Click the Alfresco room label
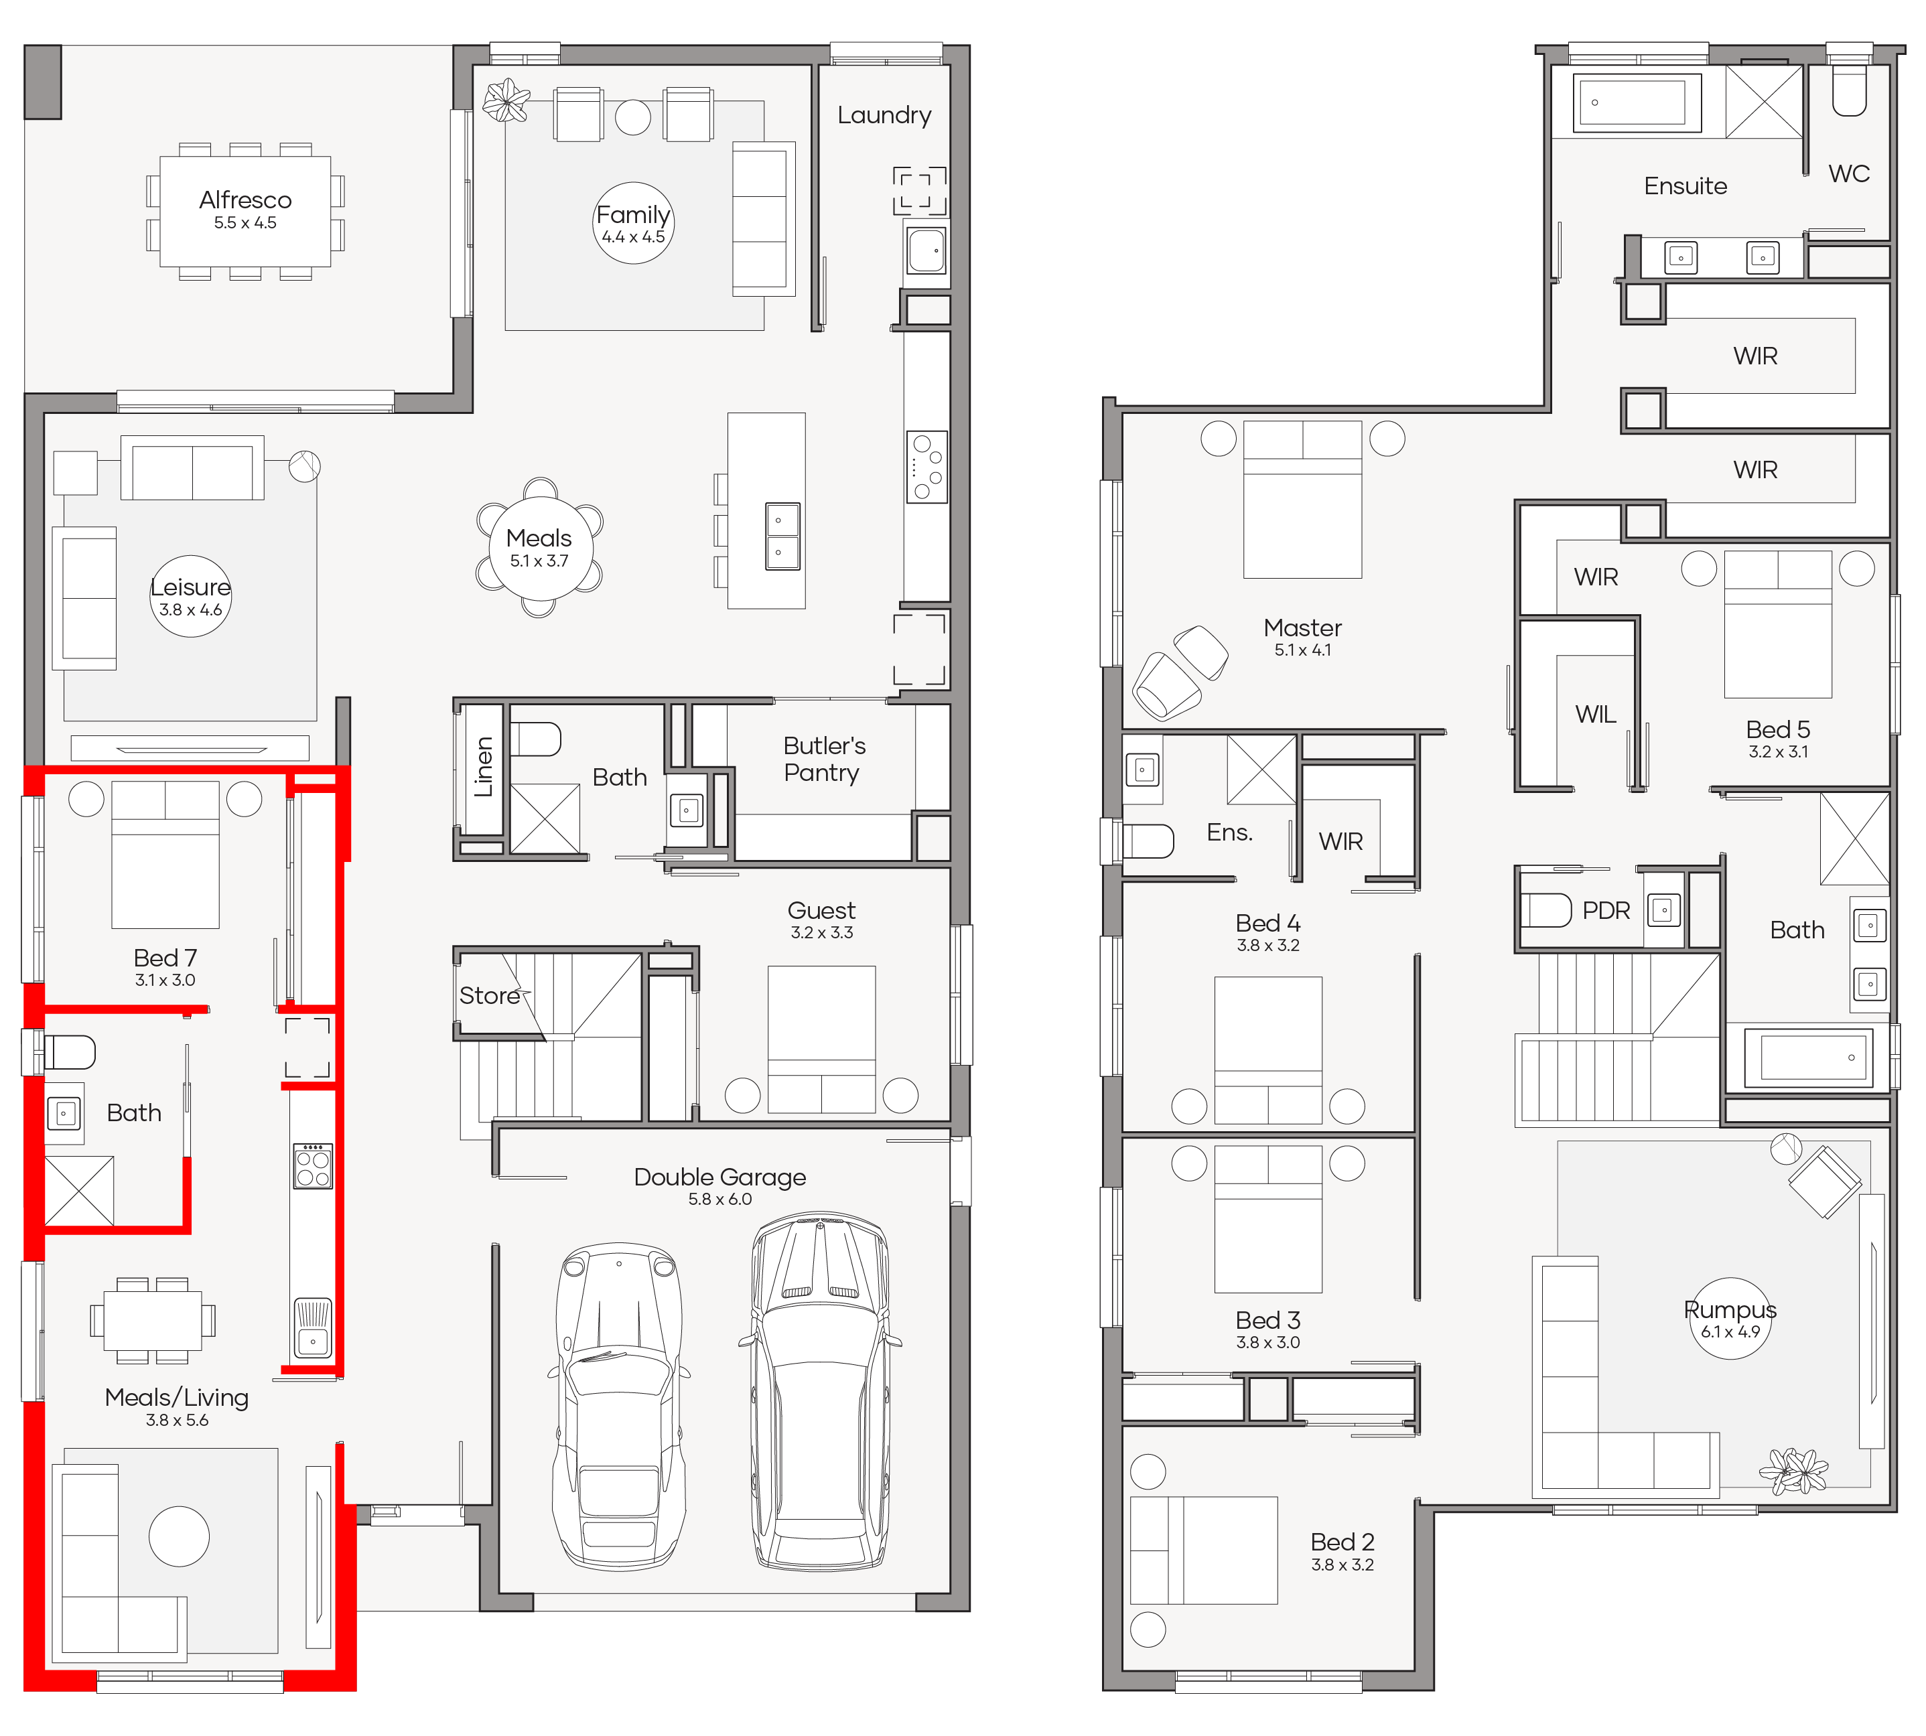[245, 200]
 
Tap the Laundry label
[884, 115]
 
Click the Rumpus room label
[1730, 1309]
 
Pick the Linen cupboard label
[484, 767]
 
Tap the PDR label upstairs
[1606, 911]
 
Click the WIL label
[1596, 715]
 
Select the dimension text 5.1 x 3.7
[539, 561]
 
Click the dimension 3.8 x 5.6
[176, 1421]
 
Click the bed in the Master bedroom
[1302, 500]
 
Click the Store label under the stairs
[489, 996]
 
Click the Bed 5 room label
[1777, 729]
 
